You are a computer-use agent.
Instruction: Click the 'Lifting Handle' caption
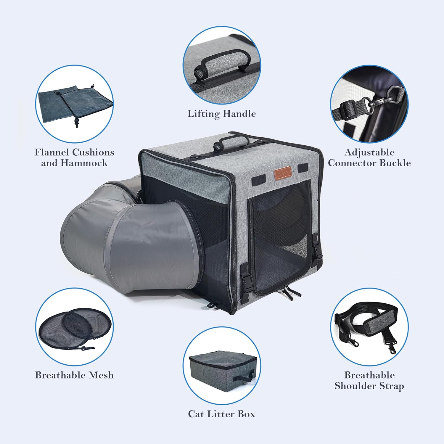click(222, 114)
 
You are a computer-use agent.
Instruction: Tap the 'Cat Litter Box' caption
click(222, 414)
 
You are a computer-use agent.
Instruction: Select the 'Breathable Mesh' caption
click(74, 375)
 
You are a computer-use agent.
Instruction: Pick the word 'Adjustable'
click(369, 153)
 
